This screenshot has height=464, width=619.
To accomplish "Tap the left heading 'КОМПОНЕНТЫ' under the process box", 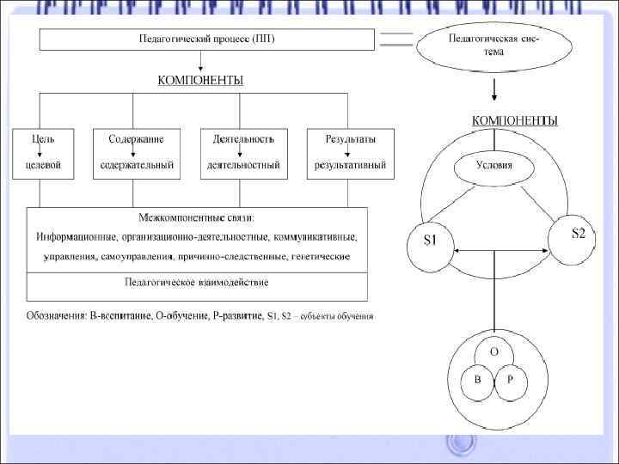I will tap(200, 81).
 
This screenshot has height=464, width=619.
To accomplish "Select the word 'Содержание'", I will tap(137, 138).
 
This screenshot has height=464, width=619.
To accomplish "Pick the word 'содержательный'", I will tap(137, 164).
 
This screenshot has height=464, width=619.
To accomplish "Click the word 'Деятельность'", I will tap(242, 138).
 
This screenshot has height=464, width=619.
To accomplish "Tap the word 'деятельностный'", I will tap(242, 164).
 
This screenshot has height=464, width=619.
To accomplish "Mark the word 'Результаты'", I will tap(350, 138).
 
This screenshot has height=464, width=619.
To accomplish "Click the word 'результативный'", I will tap(350, 164).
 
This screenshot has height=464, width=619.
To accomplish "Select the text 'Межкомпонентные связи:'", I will tap(197, 217).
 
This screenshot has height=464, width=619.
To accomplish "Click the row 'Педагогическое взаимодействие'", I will tap(197, 282).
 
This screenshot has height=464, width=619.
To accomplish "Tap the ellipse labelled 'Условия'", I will tap(494, 166).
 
